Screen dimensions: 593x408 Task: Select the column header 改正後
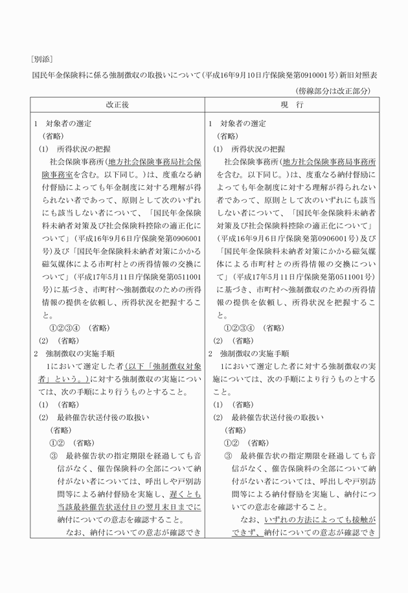pyautogui.click(x=117, y=105)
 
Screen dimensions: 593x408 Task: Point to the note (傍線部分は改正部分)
pyautogui.click(x=334, y=91)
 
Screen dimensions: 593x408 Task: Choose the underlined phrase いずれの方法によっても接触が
pyautogui.click(x=320, y=520)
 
